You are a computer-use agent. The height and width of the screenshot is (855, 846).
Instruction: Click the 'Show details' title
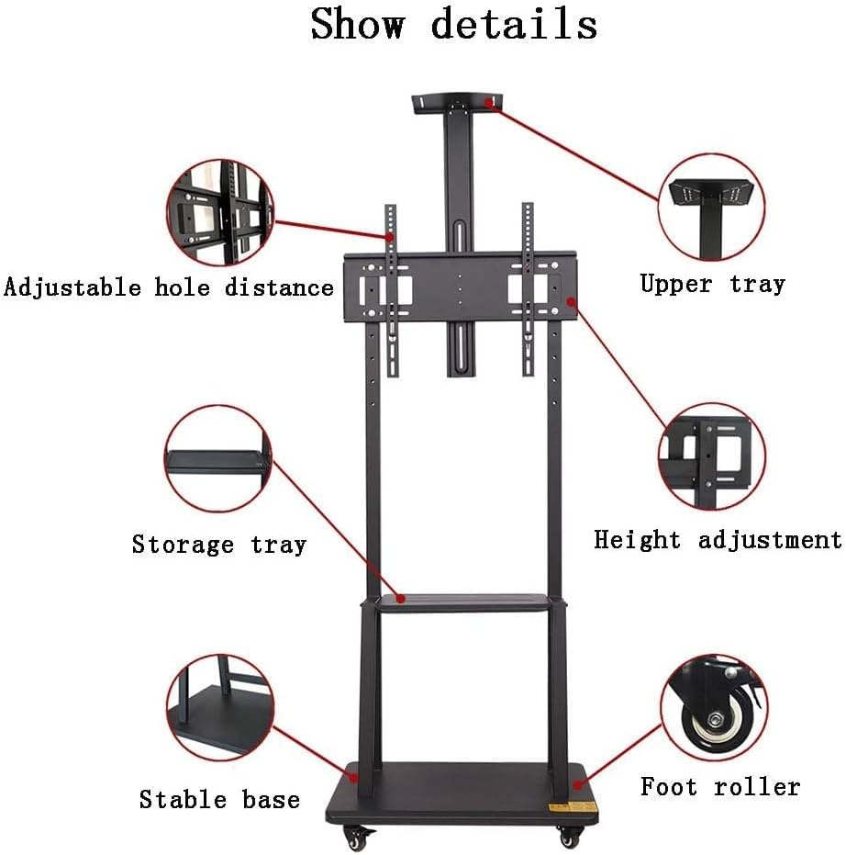pos(453,25)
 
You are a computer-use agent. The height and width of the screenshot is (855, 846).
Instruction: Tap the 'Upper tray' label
pos(712,284)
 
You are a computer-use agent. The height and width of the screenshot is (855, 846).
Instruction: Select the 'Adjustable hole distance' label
pos(169,287)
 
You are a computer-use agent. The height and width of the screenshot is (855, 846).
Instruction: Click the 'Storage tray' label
pos(218,545)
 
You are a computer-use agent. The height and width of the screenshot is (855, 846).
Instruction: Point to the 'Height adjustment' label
pos(717,539)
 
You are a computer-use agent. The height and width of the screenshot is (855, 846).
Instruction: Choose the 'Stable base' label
pos(219,799)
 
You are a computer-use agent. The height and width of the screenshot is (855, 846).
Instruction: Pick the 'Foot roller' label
pos(719,787)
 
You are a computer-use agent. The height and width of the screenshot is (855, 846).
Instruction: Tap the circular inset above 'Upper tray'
pos(713,208)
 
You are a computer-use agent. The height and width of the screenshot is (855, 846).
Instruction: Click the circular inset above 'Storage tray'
pos(219,459)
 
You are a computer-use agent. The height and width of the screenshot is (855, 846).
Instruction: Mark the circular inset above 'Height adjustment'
pos(713,456)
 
